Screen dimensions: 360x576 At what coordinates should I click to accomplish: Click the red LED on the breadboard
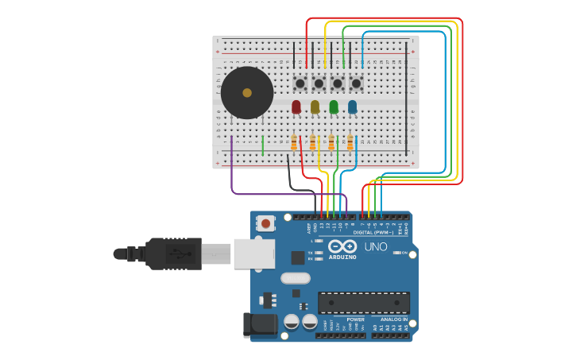(296, 106)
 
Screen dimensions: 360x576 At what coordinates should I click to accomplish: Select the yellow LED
(315, 106)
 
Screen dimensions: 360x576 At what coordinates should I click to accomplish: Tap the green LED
(334, 106)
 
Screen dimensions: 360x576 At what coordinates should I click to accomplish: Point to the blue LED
(352, 106)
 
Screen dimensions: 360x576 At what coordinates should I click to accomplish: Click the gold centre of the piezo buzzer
(247, 93)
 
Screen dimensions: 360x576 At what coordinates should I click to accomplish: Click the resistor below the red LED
(294, 142)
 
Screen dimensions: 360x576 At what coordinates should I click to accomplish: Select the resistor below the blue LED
(350, 142)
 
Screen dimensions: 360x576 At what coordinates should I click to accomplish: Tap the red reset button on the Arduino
(265, 223)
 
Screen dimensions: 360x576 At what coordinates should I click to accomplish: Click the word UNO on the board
(376, 246)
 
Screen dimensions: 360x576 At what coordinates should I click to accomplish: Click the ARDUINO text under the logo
(343, 257)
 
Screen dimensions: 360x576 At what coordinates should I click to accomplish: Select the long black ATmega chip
(364, 303)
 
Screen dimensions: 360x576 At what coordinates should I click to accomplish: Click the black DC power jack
(259, 325)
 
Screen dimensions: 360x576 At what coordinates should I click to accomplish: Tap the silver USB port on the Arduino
(254, 254)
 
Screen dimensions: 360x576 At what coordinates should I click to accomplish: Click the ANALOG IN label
(394, 319)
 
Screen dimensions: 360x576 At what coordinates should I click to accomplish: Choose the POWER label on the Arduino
(355, 319)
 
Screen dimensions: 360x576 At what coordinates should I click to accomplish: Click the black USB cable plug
(173, 254)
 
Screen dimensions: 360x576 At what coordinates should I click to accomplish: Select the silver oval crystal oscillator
(295, 278)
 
